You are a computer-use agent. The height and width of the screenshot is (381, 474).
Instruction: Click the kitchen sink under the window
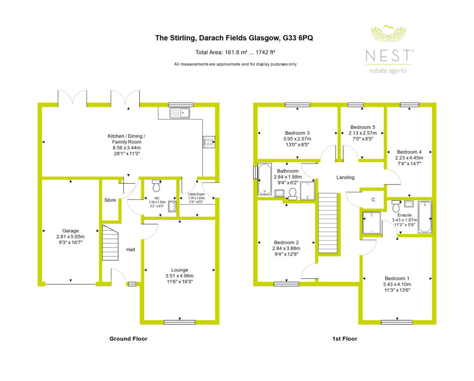pos(180,113)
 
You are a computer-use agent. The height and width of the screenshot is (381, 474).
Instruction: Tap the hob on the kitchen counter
pos(209,142)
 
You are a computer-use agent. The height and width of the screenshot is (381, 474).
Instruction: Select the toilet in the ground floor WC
pos(156,186)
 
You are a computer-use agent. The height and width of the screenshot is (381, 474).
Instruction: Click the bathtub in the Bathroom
pos(265,179)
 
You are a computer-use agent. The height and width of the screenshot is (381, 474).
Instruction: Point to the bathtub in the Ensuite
pos(425,217)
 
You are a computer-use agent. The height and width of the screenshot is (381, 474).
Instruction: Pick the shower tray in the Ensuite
pos(372,223)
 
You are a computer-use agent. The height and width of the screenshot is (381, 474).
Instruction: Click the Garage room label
pos(70,231)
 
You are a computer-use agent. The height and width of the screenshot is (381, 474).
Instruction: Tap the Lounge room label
pos(180,270)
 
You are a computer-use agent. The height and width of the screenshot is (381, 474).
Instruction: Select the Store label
pos(110,200)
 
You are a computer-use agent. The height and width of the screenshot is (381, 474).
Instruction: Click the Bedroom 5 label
pos(363,127)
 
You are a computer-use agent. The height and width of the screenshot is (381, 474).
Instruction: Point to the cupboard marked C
pos(373,199)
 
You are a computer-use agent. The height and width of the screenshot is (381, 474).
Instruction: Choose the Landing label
pos(345,177)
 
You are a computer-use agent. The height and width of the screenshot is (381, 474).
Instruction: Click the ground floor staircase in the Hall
pos(110,242)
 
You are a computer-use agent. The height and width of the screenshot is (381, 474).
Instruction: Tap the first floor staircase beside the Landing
pos(328,223)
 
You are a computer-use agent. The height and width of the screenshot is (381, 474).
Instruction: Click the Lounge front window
pos(180,322)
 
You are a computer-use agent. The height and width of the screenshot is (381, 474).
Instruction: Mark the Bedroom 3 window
pos(298,105)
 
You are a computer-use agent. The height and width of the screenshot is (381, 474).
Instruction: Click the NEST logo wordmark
pos(388,56)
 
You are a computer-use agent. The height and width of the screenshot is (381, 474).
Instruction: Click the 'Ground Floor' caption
pos(128,339)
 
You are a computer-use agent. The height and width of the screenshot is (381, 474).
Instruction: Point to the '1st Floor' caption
pos(344,339)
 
